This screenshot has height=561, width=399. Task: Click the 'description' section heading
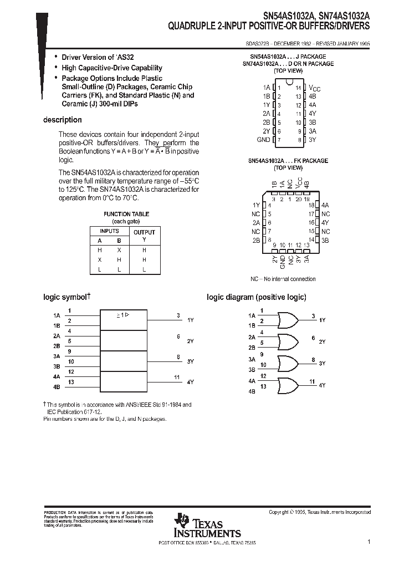coord(63,120)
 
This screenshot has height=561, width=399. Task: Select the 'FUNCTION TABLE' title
coord(126,214)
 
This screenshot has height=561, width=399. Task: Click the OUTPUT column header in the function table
coord(144,232)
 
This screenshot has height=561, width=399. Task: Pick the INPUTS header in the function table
coord(109,231)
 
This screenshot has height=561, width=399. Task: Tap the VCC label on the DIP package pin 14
coord(314,88)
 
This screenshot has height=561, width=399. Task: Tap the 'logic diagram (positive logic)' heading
coord(256,297)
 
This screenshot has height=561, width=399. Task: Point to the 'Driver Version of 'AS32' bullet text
coord(89,58)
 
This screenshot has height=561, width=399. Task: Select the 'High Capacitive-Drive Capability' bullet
coord(111,68)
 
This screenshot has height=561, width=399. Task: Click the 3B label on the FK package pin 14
coord(325,240)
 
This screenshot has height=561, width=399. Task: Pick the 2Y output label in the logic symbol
coord(190,341)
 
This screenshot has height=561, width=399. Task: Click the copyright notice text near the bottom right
coord(320,512)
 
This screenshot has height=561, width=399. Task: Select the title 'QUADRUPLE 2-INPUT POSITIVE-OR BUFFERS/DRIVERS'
coord(269,26)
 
